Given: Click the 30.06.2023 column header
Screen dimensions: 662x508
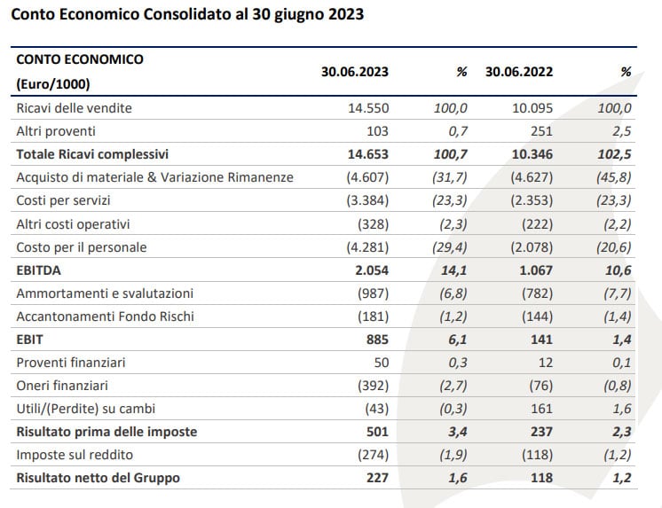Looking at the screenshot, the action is click(x=355, y=72).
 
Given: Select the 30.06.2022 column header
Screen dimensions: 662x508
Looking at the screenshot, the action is click(x=519, y=72).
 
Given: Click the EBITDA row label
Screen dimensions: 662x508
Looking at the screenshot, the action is click(x=38, y=270).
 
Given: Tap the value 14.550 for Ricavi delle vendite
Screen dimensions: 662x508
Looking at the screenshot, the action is click(x=368, y=108).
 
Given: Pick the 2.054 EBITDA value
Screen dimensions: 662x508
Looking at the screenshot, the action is click(x=372, y=270).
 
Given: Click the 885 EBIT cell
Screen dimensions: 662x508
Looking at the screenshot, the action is click(x=377, y=340).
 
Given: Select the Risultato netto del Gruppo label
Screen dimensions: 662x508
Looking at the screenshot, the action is click(x=98, y=478).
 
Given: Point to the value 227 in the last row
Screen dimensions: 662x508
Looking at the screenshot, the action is click(x=377, y=478).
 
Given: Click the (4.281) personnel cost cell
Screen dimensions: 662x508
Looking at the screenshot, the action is click(x=367, y=247).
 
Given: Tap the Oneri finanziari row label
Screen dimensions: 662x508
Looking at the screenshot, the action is click(x=62, y=386).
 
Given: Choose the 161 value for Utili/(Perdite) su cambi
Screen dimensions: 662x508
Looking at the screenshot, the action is click(x=541, y=409).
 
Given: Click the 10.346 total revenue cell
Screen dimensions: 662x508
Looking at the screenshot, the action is click(x=532, y=154).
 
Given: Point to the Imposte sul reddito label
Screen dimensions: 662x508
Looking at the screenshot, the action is click(x=75, y=455).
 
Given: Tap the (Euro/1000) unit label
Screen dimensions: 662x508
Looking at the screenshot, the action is click(x=53, y=84).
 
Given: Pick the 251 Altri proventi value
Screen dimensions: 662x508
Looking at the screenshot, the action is click(x=541, y=131).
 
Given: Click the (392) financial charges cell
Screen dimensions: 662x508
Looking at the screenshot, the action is click(x=374, y=386).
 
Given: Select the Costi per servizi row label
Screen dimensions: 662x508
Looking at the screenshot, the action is click(x=63, y=200).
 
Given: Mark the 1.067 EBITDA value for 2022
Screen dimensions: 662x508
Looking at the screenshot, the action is click(x=536, y=270).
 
